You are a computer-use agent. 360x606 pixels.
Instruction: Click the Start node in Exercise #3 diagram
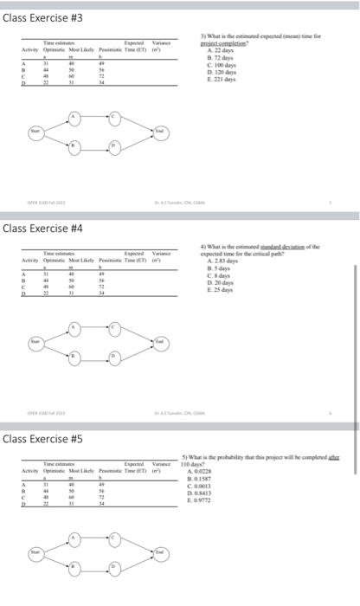click(x=35, y=132)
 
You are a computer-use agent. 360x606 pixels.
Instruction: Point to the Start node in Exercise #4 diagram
click(x=35, y=342)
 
